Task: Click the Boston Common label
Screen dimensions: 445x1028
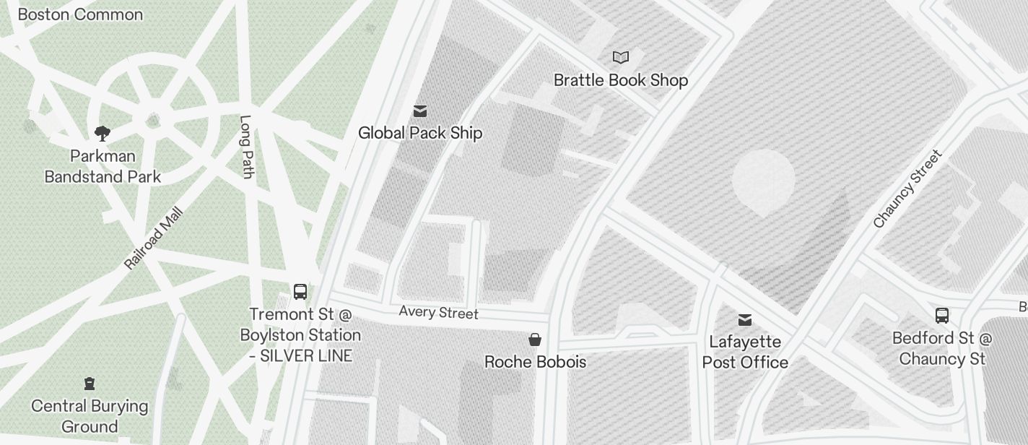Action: point(80,14)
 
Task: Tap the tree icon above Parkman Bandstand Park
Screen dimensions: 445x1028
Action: point(103,133)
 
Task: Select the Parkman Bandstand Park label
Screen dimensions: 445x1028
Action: point(103,166)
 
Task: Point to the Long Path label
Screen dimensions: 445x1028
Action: point(246,147)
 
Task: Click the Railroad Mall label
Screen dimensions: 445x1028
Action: point(154,239)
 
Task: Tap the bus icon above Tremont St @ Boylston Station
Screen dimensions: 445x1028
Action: point(300,292)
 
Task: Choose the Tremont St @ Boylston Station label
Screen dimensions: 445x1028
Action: point(300,335)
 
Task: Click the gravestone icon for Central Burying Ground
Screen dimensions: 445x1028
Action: point(90,383)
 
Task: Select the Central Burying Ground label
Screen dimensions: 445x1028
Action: point(90,416)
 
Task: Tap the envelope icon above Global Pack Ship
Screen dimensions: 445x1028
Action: point(420,111)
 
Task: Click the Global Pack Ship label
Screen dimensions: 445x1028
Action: point(420,133)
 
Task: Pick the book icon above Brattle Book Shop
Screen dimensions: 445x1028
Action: point(621,57)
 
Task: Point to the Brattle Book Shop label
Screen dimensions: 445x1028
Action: point(621,80)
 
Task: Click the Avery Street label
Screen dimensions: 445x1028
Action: point(439,312)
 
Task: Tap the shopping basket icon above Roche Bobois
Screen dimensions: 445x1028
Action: point(535,340)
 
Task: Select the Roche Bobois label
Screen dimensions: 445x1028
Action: point(535,362)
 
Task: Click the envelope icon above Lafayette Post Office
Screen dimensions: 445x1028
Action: point(745,319)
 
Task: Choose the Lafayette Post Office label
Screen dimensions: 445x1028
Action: point(745,352)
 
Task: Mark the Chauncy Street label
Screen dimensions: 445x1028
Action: point(907,189)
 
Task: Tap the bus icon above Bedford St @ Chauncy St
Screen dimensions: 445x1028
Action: point(942,315)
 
